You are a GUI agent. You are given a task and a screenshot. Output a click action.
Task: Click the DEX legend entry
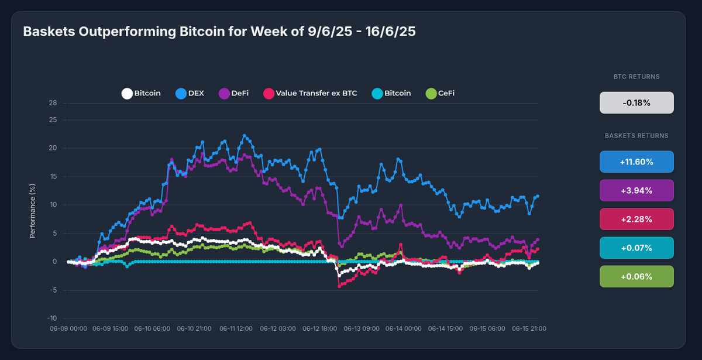click(x=190, y=93)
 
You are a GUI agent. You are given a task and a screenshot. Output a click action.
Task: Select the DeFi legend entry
click(x=233, y=93)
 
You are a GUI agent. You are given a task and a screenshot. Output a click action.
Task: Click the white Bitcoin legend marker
click(x=126, y=93)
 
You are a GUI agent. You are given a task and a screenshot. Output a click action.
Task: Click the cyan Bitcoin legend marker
click(x=377, y=93)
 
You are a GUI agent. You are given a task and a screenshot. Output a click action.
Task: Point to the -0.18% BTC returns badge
click(x=636, y=102)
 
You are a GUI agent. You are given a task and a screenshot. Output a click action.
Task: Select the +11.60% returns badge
click(x=636, y=162)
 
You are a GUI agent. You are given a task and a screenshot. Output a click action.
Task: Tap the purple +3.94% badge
click(x=636, y=190)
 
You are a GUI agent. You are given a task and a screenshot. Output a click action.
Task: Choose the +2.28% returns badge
click(x=636, y=219)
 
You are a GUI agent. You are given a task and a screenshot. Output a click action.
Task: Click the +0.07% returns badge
click(x=636, y=248)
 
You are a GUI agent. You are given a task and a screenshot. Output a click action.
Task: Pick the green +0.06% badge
click(x=636, y=276)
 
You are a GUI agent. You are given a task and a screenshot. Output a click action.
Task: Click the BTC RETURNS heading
click(x=636, y=77)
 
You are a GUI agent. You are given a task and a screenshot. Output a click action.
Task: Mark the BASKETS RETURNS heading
click(x=636, y=136)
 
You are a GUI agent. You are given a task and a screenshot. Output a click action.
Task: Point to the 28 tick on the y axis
click(x=53, y=104)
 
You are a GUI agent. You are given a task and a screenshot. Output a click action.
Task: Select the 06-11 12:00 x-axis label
click(x=236, y=329)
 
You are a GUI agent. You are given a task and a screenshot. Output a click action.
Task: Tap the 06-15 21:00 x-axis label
click(x=529, y=329)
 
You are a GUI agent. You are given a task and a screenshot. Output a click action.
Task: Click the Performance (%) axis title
click(x=33, y=209)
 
